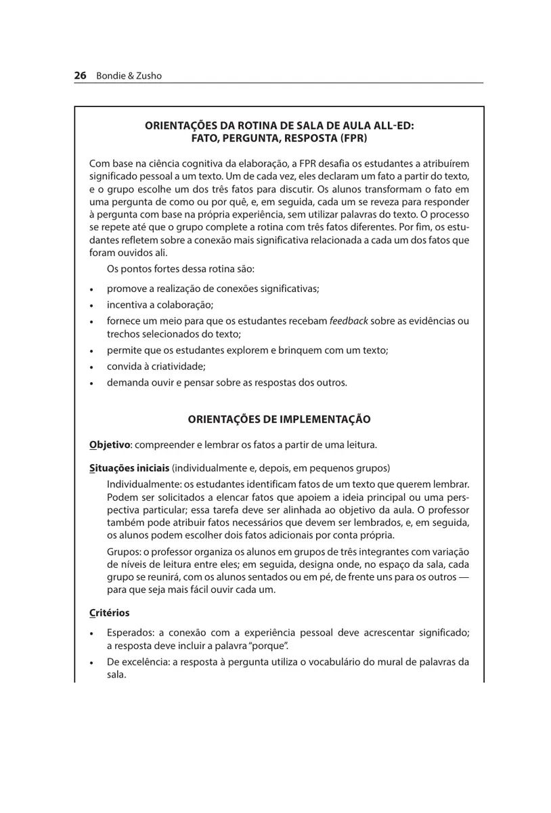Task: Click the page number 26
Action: (x=80, y=76)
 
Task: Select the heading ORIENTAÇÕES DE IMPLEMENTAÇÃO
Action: (x=279, y=419)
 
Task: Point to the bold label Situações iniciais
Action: (x=129, y=468)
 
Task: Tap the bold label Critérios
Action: (x=109, y=613)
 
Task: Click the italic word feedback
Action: (x=349, y=320)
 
